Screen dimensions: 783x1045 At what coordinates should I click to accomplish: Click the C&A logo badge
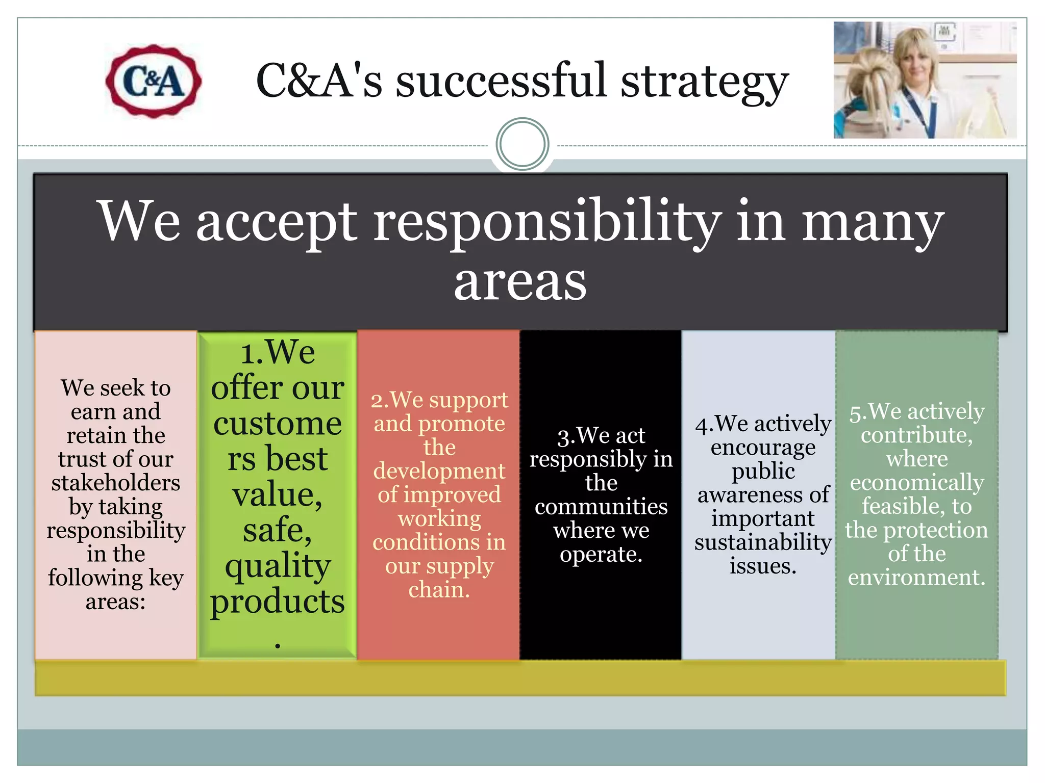(x=153, y=82)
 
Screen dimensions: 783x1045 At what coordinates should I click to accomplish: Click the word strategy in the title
(x=705, y=83)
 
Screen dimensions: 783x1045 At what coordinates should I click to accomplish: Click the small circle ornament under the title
(x=522, y=144)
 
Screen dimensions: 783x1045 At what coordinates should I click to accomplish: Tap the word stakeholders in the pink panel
(x=116, y=483)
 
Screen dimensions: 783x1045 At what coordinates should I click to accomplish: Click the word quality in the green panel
(x=278, y=566)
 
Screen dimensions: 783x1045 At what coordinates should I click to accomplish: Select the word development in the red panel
(x=439, y=471)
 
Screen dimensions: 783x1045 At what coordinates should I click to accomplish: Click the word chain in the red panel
(x=438, y=590)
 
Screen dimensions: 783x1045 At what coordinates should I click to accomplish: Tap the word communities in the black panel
(x=601, y=506)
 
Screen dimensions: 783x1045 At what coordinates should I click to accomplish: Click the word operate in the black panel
(x=601, y=554)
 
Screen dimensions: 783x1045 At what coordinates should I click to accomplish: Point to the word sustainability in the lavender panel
(x=763, y=542)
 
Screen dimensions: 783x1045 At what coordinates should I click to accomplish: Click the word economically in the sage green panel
(x=917, y=482)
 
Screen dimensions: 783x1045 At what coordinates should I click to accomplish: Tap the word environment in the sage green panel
(x=916, y=577)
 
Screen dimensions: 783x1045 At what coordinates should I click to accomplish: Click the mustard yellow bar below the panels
(x=520, y=678)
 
